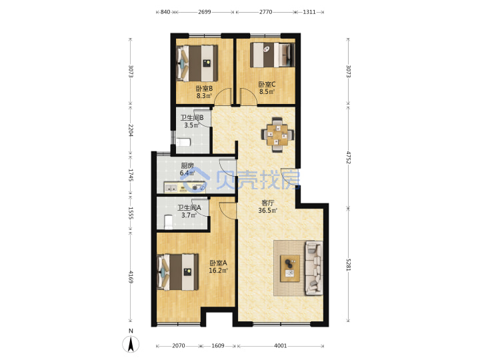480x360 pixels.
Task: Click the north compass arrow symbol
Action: [x=131, y=344]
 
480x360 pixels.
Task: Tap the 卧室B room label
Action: [x=204, y=89]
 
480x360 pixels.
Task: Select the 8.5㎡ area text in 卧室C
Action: [x=267, y=91]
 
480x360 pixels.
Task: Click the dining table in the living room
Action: [x=277, y=135]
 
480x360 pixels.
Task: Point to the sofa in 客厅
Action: [x=314, y=268]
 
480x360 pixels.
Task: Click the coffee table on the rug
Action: [x=290, y=268]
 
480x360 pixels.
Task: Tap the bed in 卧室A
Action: [x=177, y=272]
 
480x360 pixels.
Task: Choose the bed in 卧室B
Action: [x=197, y=63]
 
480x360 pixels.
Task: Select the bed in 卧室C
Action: [x=273, y=55]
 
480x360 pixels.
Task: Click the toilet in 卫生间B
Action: [x=183, y=142]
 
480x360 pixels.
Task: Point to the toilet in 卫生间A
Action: [x=169, y=222]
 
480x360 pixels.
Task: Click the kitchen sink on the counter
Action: [x=171, y=187]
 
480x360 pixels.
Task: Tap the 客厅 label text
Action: [x=267, y=203]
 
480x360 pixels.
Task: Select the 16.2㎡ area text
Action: [x=218, y=271]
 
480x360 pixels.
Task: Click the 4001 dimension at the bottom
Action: [x=281, y=346]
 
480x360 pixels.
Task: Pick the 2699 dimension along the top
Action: [x=204, y=12]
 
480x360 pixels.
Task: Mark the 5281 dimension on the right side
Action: [x=349, y=265]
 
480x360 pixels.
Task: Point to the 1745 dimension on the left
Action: [x=131, y=175]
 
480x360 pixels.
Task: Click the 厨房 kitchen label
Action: [x=187, y=165]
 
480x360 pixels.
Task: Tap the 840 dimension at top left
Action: [x=165, y=12]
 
